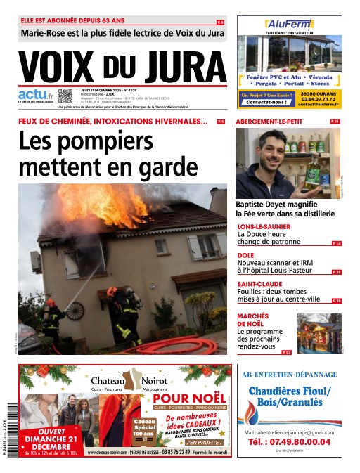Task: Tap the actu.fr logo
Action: point(35,95)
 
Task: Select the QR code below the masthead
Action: point(65,96)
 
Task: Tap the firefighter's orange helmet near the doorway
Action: point(112,291)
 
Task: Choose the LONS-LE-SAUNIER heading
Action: point(265,226)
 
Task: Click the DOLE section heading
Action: point(245,255)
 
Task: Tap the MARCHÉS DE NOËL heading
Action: point(253,320)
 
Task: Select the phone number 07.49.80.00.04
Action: point(290,441)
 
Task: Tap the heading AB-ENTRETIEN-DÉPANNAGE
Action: point(289,375)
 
